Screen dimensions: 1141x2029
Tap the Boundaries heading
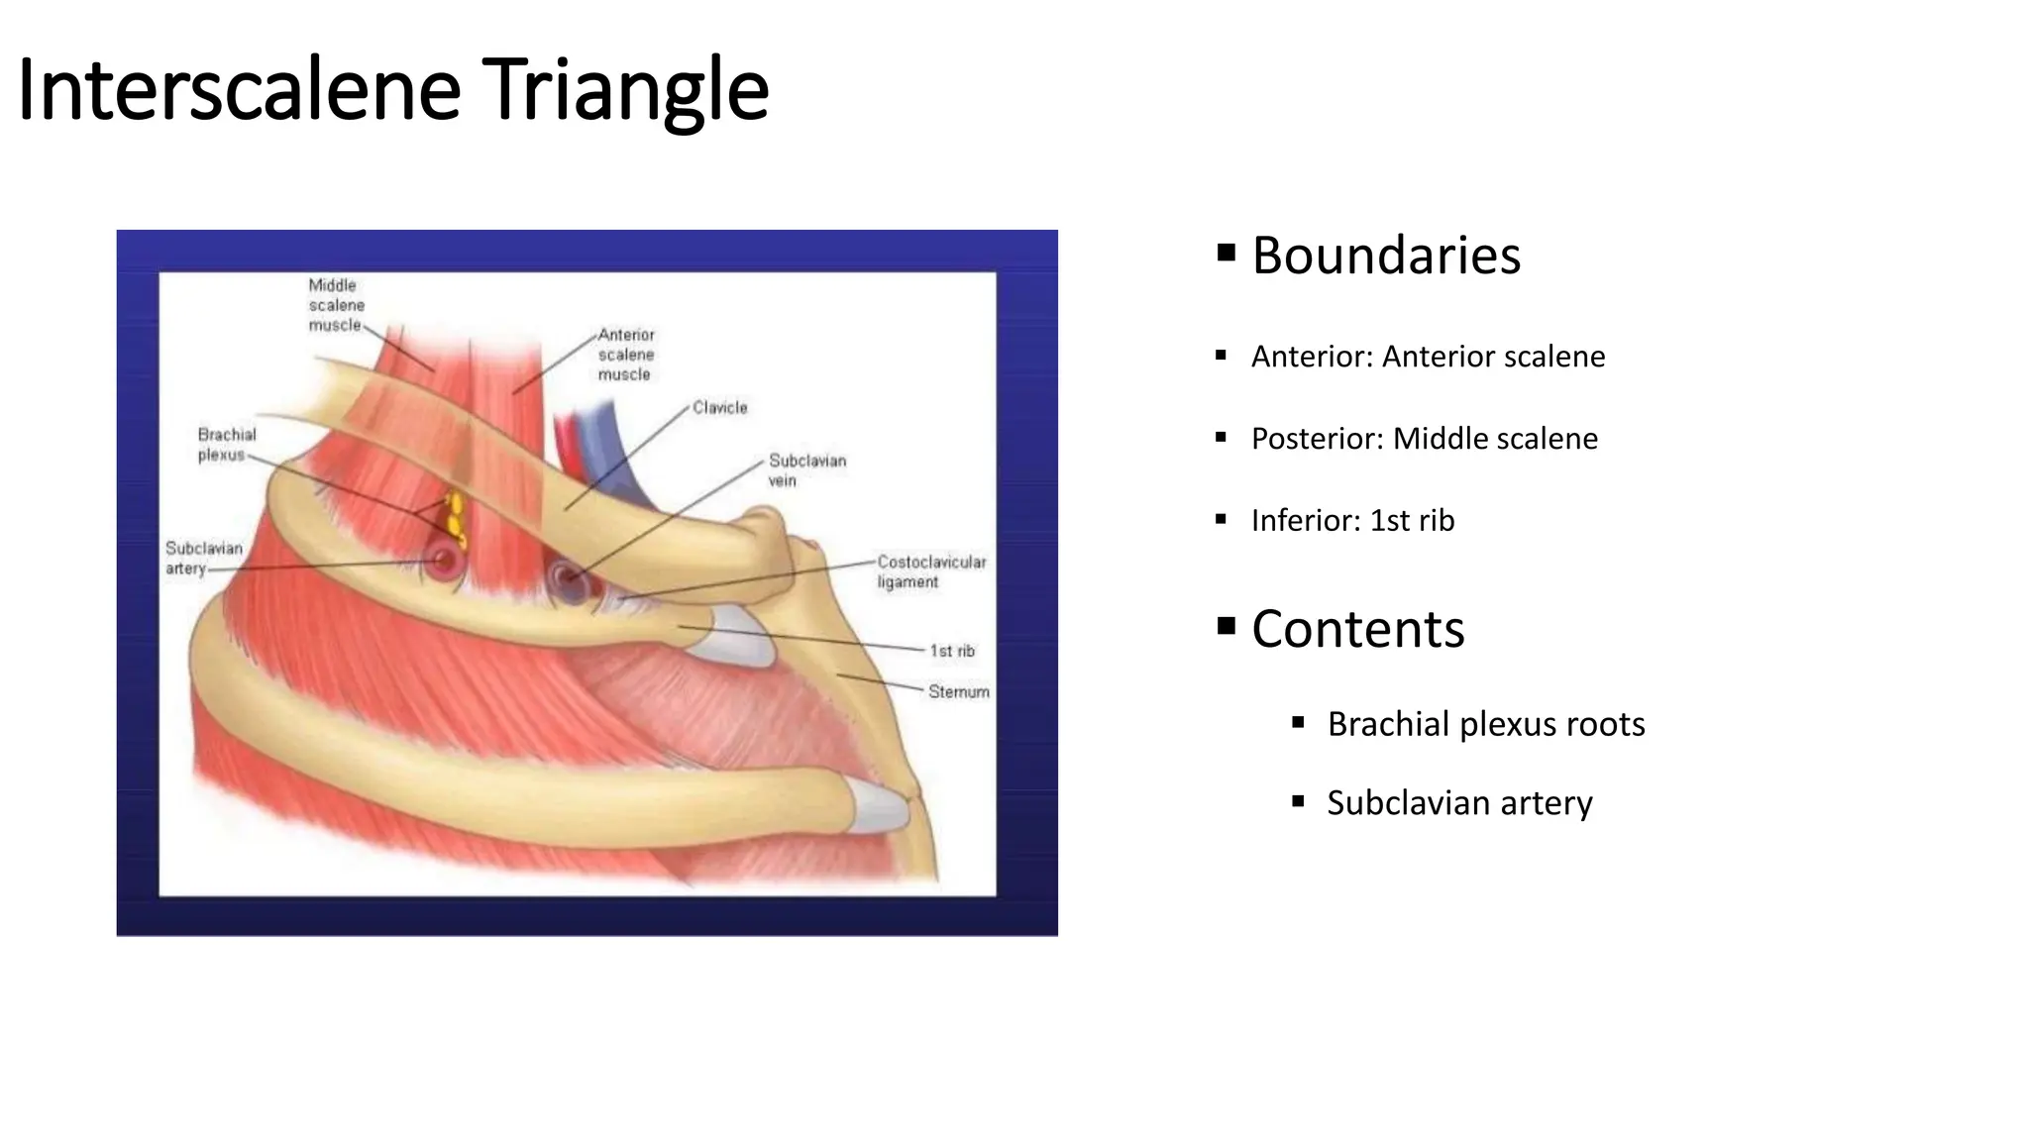point(1385,256)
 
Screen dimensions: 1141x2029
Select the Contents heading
point(1357,629)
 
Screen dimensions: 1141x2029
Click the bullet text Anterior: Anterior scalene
point(1428,357)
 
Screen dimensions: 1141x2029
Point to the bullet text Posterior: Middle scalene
point(1424,439)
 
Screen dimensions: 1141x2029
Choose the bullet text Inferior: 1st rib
point(1352,521)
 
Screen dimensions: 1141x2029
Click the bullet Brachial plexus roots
point(1485,724)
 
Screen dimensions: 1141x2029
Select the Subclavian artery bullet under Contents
point(1458,803)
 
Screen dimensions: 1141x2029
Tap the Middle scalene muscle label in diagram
point(336,305)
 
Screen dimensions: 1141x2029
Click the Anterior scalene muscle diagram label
point(625,355)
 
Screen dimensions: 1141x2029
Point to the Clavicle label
point(719,408)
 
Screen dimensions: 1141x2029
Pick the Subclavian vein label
point(806,470)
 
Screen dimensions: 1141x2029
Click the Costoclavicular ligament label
point(930,571)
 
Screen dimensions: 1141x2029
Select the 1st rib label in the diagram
point(951,651)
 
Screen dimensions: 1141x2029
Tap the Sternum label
point(958,691)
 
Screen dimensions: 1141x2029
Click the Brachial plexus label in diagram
point(226,445)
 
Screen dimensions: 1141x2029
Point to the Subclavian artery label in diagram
point(203,558)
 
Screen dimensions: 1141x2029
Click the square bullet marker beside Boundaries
point(1227,253)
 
